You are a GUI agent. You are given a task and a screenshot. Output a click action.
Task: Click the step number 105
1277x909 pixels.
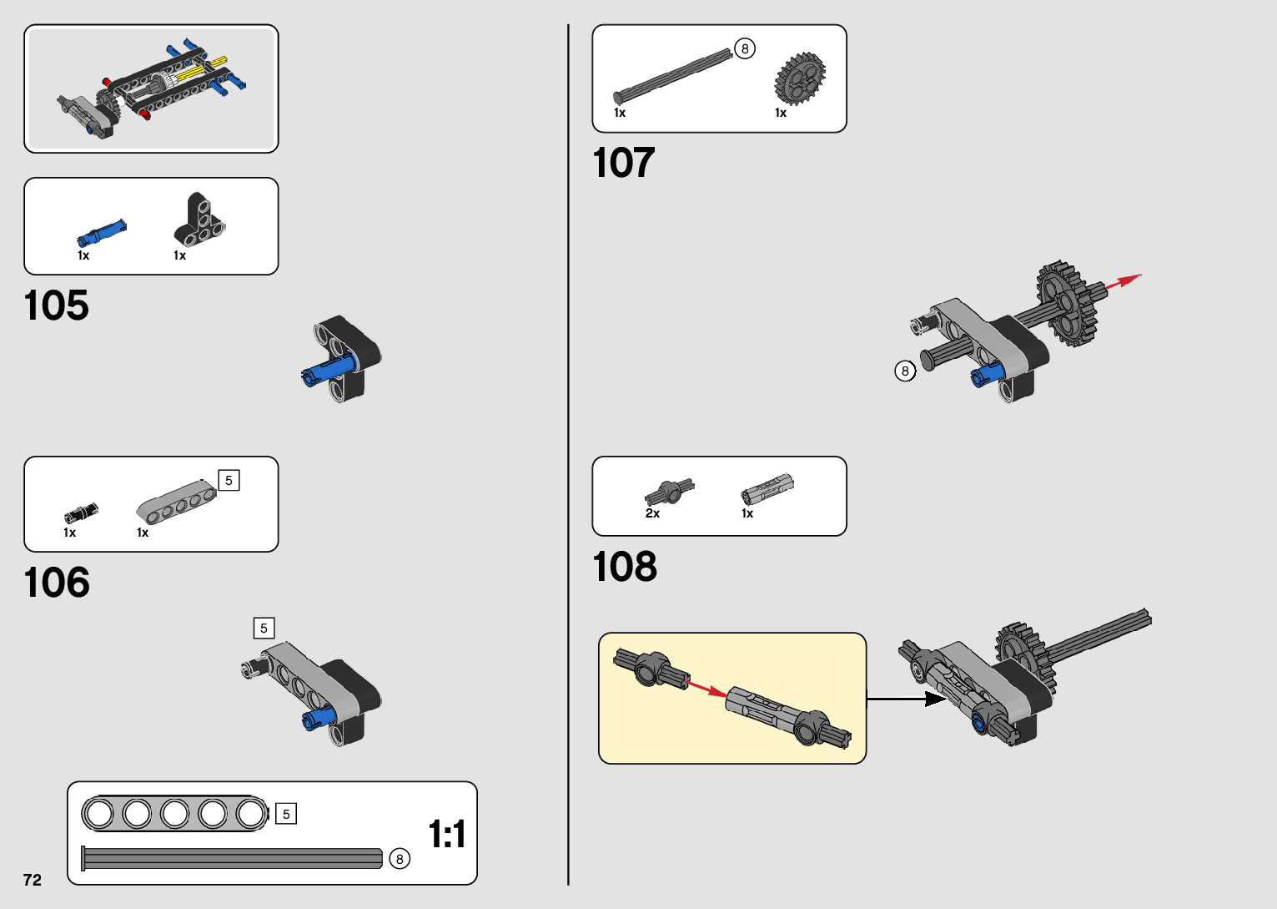[56, 306]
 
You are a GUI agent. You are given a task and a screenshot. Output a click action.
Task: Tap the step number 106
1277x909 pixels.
[56, 583]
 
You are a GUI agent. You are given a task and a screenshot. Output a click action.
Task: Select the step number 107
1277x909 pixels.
[623, 163]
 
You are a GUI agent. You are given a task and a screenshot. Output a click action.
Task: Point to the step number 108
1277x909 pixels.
[625, 567]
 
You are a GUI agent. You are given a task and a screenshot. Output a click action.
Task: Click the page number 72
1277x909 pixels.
[33, 880]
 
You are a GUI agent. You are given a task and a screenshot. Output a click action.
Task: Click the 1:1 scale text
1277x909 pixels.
[446, 834]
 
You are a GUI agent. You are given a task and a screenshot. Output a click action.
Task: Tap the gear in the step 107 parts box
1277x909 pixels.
[800, 79]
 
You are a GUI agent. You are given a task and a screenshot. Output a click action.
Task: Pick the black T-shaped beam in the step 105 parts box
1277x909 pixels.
[199, 221]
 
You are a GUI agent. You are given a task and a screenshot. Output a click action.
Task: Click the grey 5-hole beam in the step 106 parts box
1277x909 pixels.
[176, 501]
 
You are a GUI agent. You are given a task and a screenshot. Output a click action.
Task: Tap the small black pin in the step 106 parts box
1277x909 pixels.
[80, 513]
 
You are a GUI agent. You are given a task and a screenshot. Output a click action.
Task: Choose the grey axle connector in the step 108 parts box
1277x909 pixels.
[767, 488]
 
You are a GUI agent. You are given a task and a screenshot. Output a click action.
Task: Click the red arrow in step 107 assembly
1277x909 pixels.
[1123, 282]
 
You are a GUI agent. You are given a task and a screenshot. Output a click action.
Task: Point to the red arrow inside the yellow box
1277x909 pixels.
[706, 689]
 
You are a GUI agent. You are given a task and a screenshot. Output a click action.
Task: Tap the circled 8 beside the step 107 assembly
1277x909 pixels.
[905, 371]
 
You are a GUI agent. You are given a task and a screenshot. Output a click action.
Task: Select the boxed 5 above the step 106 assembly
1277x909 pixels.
[264, 628]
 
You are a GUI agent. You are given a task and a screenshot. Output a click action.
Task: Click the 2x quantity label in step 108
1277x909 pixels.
[652, 513]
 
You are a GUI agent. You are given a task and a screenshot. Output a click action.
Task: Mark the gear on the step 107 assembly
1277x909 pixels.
[1066, 303]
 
